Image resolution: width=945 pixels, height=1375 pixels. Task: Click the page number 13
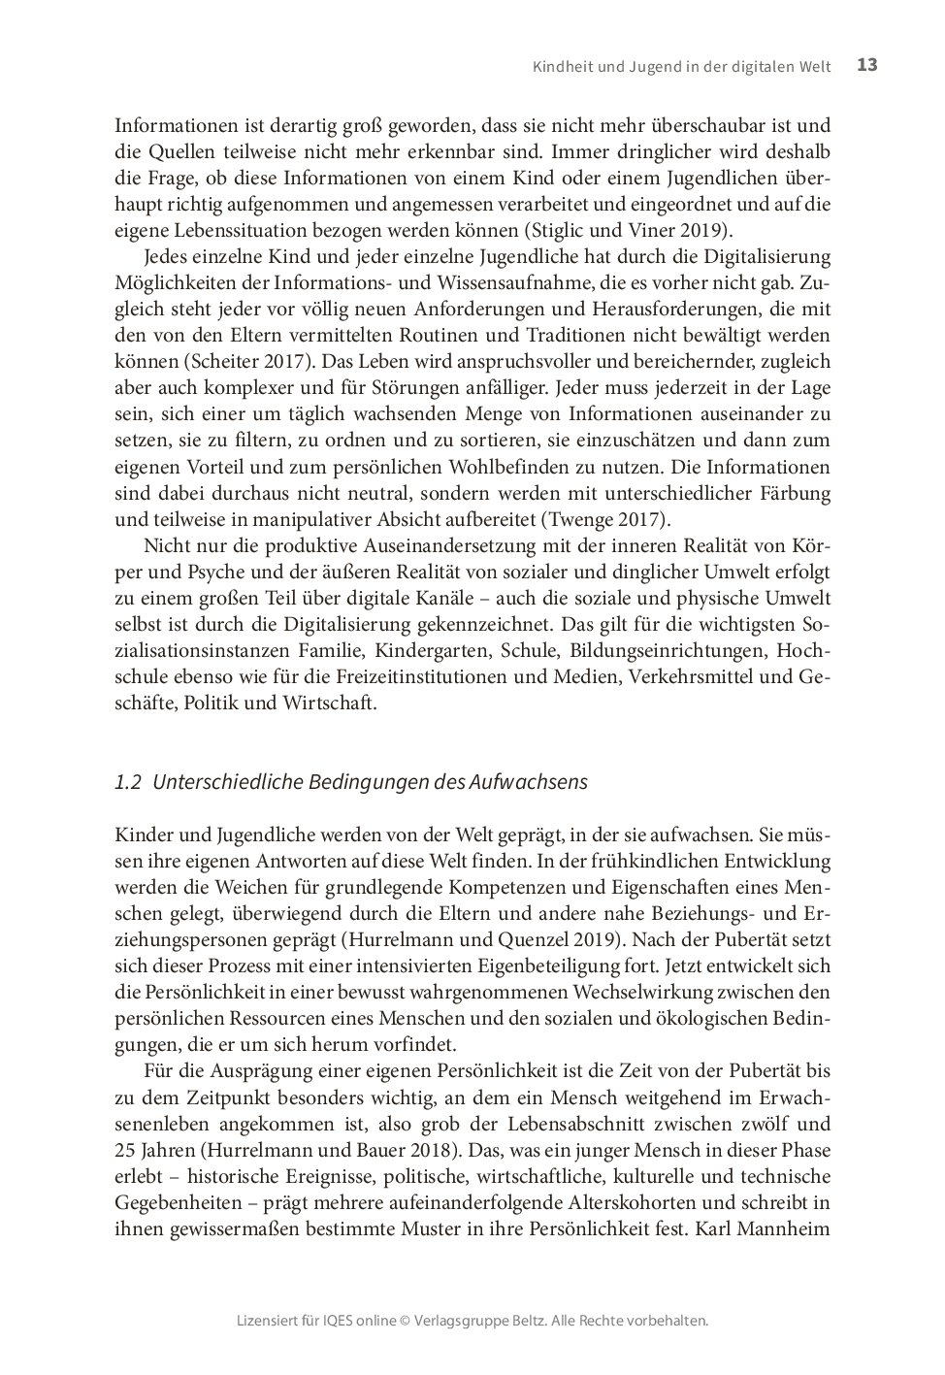[x=866, y=65]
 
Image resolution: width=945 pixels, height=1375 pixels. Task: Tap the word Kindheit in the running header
[x=564, y=67]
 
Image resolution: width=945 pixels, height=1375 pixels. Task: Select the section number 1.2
[x=128, y=782]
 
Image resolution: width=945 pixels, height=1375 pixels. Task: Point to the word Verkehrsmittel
[x=690, y=677]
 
